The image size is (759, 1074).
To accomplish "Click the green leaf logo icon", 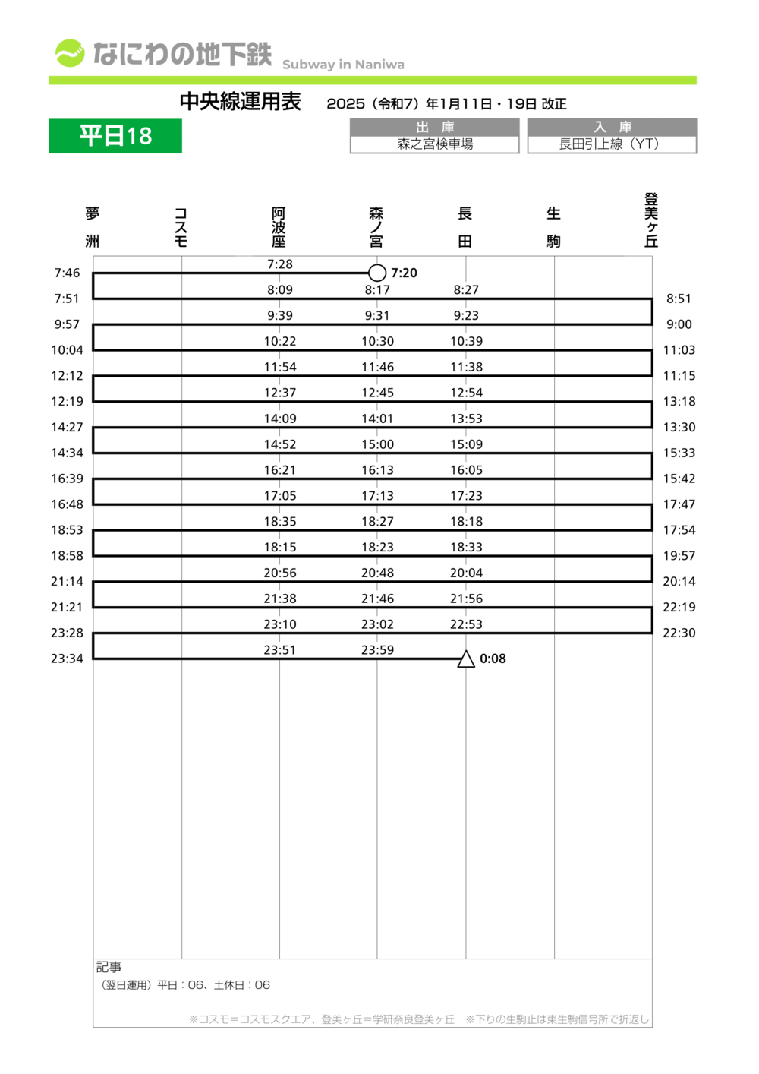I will [70, 53].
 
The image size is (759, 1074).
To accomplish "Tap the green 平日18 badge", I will [115, 136].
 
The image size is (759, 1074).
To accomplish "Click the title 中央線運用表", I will [241, 102].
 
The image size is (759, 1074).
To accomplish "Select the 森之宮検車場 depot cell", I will [435, 144].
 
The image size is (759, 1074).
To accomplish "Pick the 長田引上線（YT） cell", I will [612, 144].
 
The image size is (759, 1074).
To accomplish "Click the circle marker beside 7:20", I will [377, 273].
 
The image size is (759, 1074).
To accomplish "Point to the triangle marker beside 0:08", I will [466, 659].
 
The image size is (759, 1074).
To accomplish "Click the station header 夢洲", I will [93, 226].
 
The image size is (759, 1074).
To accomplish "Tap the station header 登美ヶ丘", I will [651, 220].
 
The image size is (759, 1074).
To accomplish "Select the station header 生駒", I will [554, 226].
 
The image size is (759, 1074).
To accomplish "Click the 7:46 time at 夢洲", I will [67, 273].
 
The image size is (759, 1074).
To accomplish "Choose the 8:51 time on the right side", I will [679, 299].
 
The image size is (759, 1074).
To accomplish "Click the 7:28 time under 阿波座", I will [280, 264].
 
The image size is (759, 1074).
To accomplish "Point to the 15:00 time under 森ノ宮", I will [377, 444].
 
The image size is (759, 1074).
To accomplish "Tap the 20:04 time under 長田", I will [466, 573].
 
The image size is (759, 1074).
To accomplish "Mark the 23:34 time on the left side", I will [67, 659].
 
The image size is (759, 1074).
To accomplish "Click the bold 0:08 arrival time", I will [493, 659].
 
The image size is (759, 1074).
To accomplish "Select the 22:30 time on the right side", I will [679, 633].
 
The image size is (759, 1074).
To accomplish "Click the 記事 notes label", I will [109, 967].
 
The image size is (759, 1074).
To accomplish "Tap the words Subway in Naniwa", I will [343, 65].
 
